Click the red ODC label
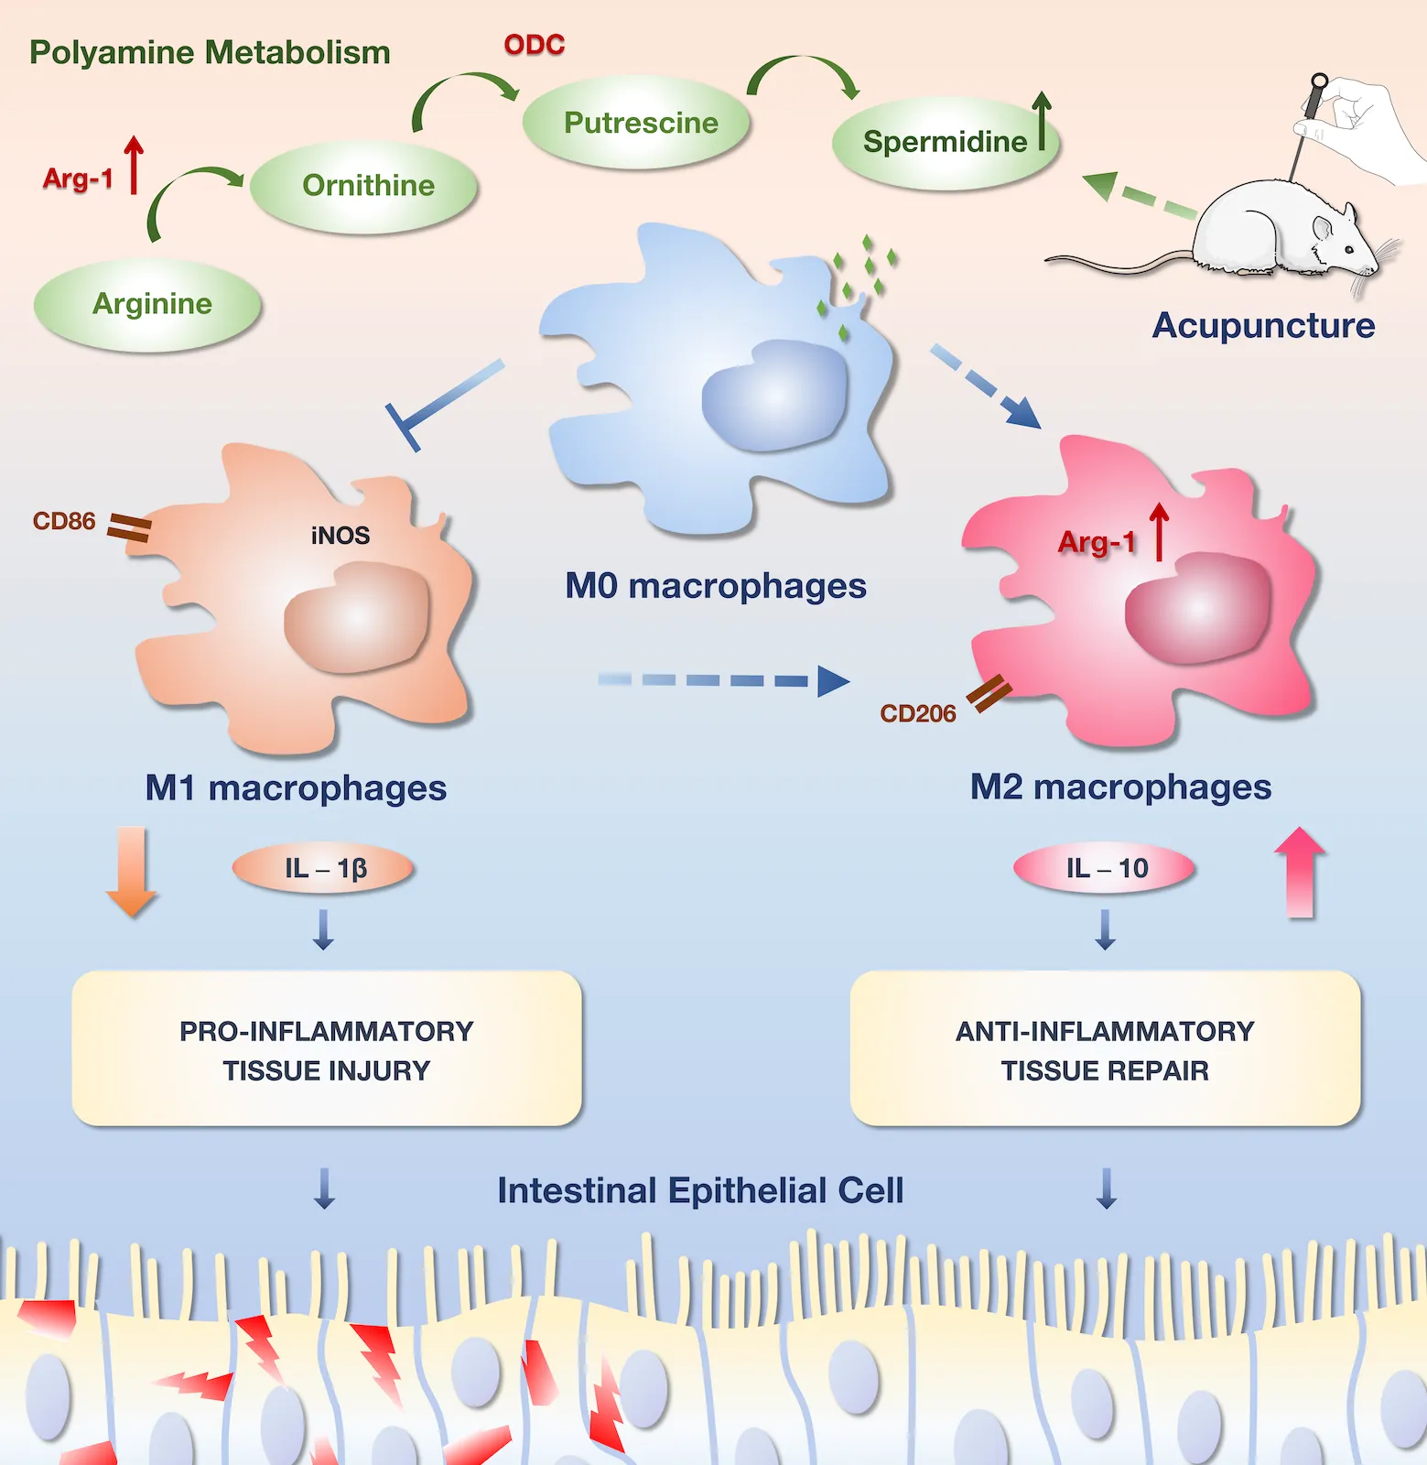(x=535, y=45)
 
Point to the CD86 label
(x=64, y=521)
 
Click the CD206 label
(x=917, y=713)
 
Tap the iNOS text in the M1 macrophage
(x=341, y=536)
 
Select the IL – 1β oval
(x=324, y=868)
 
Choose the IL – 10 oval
(x=1105, y=868)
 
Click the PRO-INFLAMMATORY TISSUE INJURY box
(x=327, y=1049)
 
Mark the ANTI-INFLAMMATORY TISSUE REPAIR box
(x=1105, y=1049)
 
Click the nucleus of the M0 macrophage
(x=774, y=396)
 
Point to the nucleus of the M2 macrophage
(x=1197, y=607)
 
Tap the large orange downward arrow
(x=132, y=870)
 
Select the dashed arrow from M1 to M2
(x=723, y=680)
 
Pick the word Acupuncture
(x=1263, y=326)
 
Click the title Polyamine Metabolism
(x=210, y=52)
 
